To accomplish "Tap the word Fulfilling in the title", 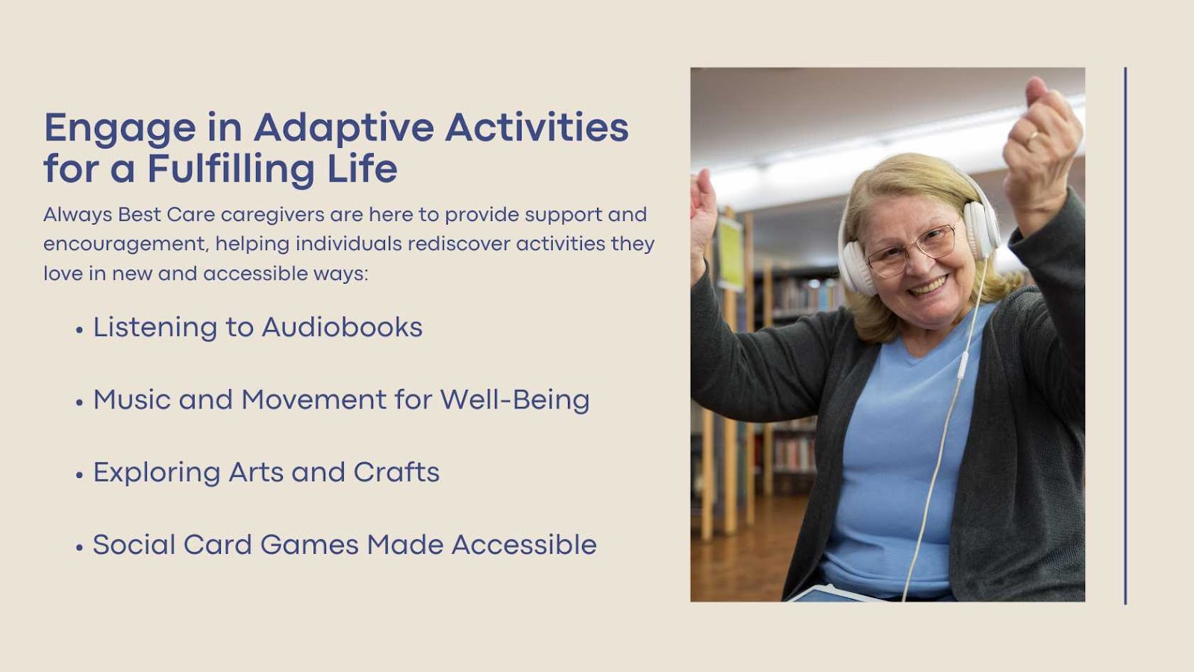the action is [x=231, y=169].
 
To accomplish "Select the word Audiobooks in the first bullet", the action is [x=343, y=327].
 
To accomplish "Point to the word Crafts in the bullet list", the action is [x=396, y=472].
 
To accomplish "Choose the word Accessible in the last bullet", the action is [x=524, y=544].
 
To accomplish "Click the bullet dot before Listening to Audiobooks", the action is [x=79, y=329].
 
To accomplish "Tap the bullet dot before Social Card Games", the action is [x=79, y=547].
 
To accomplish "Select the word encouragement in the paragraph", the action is [x=125, y=244].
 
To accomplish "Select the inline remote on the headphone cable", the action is [x=963, y=365].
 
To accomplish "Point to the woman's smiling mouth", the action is [x=928, y=286].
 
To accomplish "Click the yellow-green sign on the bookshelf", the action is [x=731, y=253].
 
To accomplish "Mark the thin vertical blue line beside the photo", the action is [x=1125, y=336].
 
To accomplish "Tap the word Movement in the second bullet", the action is [x=314, y=399].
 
